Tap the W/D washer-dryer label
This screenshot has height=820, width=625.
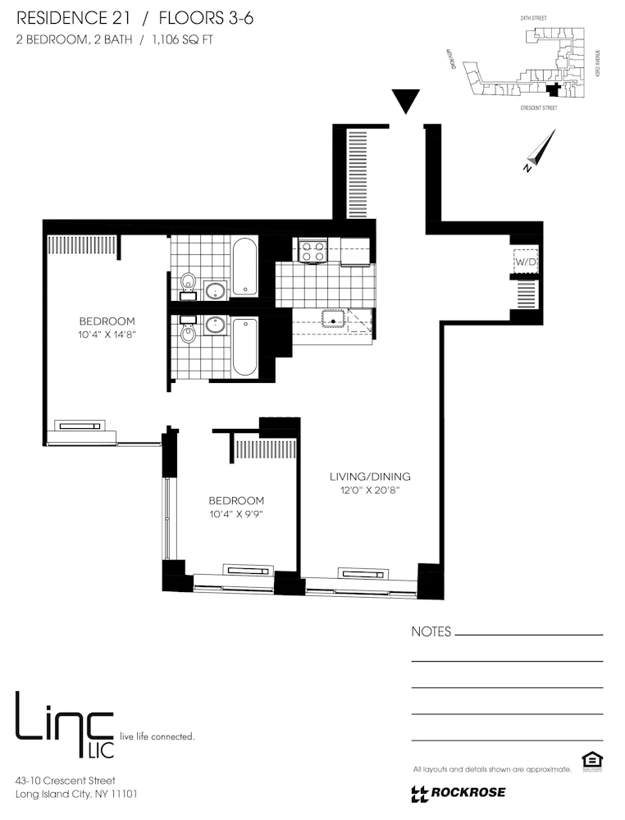[524, 262]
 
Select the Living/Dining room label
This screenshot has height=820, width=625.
[370, 476]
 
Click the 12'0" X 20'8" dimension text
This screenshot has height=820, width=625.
[370, 490]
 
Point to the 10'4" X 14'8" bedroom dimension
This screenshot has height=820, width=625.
[107, 335]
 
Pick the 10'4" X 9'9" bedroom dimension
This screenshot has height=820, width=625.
[236, 514]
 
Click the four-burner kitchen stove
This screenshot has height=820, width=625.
[312, 250]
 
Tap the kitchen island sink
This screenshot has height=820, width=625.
[334, 319]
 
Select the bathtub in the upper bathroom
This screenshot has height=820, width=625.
[244, 266]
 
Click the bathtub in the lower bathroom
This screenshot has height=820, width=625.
[244, 347]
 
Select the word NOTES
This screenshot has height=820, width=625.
[431, 632]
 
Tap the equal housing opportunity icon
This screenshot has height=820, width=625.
[590, 762]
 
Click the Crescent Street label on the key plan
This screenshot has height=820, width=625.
[539, 107]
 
